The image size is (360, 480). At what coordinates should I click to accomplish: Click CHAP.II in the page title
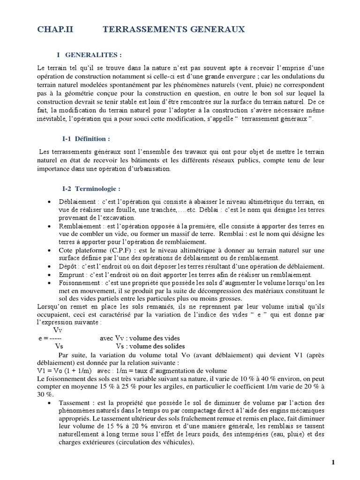tap(55, 30)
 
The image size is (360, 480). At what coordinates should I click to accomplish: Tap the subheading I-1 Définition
tap(86, 139)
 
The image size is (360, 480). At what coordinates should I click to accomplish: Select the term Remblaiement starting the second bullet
tap(80, 226)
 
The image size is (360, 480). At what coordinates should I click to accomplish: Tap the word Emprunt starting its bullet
tap(72, 274)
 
